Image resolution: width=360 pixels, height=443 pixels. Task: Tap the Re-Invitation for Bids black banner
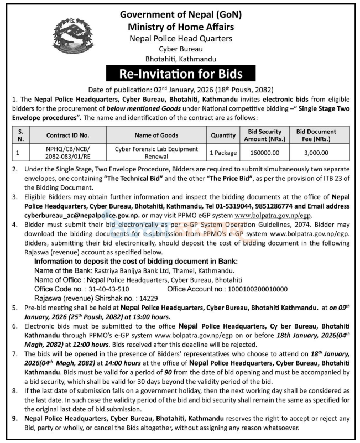(x=180, y=73)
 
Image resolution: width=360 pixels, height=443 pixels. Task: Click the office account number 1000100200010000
(x=254, y=289)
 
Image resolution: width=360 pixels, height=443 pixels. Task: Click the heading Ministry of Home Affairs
(x=180, y=27)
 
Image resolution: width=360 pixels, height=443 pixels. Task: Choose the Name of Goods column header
(x=155, y=134)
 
